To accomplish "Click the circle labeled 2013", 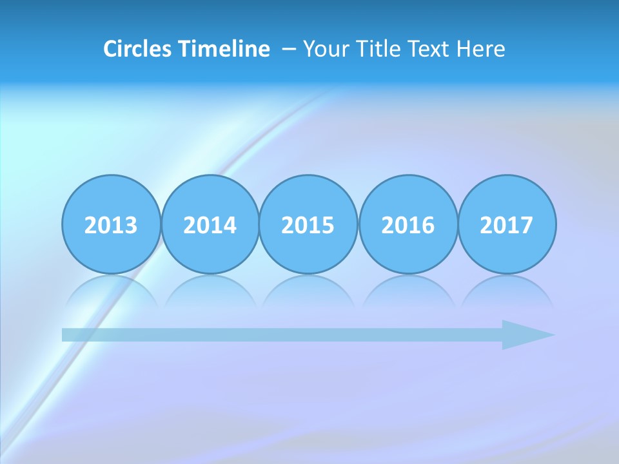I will [x=111, y=224].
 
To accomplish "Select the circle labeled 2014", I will [x=210, y=224].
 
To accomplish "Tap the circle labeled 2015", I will [x=308, y=224].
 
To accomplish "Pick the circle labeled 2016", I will [x=408, y=224].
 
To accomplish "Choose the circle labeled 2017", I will [x=507, y=224].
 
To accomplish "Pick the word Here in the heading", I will [x=480, y=49].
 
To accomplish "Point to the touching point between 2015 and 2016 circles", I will [x=359, y=224].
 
